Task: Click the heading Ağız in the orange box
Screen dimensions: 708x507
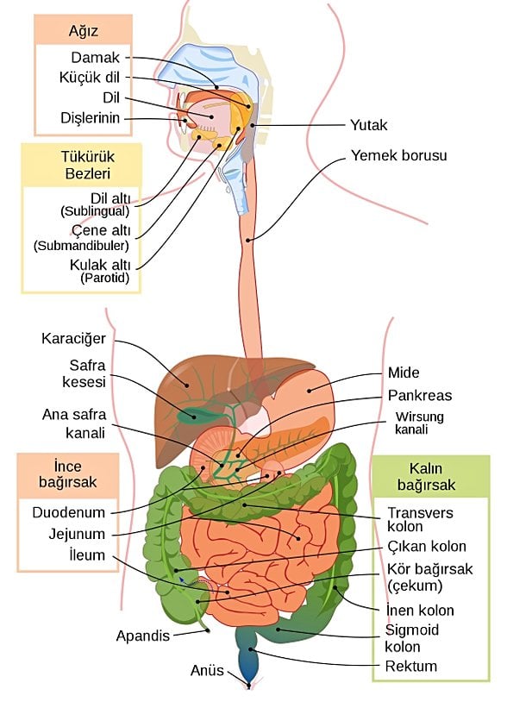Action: point(84,32)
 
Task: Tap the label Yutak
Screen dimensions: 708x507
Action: point(368,125)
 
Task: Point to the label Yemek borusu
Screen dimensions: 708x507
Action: point(399,157)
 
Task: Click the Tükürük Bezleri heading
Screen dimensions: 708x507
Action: point(80,165)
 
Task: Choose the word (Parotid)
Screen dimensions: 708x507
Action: point(104,279)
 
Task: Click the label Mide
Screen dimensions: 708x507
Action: point(404,373)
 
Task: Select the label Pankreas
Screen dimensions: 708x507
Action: point(420,396)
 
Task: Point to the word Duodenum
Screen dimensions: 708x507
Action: point(68,512)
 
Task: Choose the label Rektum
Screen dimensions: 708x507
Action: point(410,666)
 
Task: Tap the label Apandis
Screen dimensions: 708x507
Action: point(143,636)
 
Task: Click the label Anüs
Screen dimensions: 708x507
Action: point(207,670)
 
